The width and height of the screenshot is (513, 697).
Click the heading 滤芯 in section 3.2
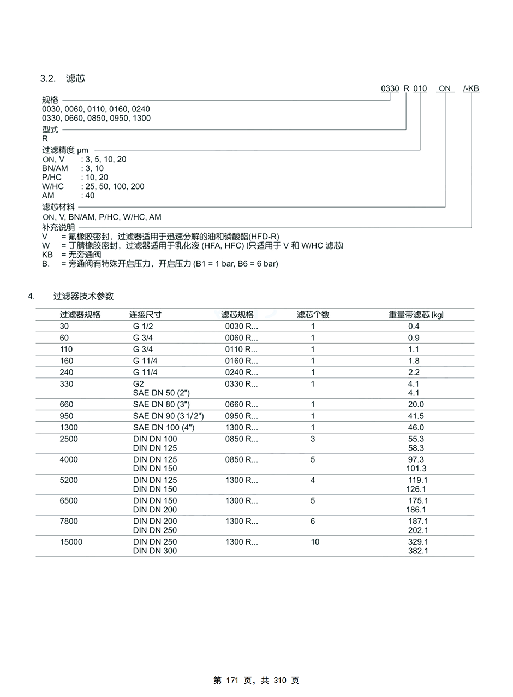tap(75, 79)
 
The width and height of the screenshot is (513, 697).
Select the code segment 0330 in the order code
tap(390, 88)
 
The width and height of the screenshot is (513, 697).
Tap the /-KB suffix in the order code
tap(471, 88)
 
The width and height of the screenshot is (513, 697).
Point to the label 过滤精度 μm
tap(65, 150)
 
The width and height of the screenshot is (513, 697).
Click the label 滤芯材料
tap(58, 207)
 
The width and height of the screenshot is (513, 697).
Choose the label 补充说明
tap(58, 227)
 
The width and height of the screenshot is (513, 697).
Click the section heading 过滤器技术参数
tap(83, 296)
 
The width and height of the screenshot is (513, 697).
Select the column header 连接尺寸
tap(145, 315)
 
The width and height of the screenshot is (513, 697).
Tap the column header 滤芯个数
tap(313, 315)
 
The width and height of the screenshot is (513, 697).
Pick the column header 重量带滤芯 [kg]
tap(416, 315)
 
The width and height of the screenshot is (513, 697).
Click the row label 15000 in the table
tap(71, 542)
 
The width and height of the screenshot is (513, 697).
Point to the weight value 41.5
tap(416, 416)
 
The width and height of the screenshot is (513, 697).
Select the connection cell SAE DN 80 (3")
tap(161, 405)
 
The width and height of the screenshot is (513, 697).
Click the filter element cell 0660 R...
tap(241, 405)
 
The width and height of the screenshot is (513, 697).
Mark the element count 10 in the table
tap(315, 542)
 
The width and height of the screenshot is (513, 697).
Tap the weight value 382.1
tap(418, 551)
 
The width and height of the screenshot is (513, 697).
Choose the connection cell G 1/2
tap(143, 327)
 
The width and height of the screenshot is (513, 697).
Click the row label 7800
tap(69, 521)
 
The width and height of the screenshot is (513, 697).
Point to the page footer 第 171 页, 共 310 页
tap(256, 681)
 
